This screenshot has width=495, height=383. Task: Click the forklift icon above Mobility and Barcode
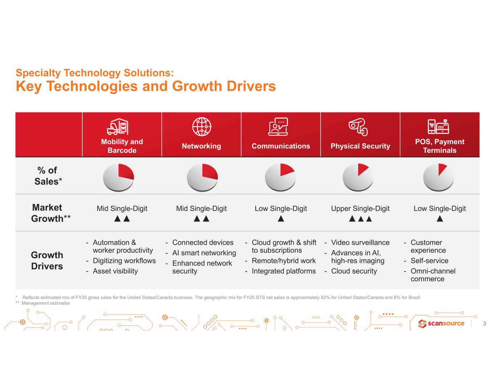[x=117, y=127]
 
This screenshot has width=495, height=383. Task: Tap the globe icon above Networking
[x=201, y=127]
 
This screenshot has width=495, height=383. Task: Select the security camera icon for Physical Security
[x=358, y=126]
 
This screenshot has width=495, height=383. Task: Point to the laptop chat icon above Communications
[x=278, y=127]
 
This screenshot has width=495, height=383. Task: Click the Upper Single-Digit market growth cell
[x=360, y=209]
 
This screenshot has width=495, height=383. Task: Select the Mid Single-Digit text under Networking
[x=201, y=209]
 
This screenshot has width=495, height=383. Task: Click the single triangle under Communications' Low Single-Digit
[x=281, y=219]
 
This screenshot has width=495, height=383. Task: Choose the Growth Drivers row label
[x=47, y=260]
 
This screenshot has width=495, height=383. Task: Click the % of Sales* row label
[x=48, y=176]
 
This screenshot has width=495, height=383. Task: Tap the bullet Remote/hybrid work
[x=284, y=261]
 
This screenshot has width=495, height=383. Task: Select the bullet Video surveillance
[x=360, y=243]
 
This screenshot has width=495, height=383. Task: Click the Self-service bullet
[x=429, y=261]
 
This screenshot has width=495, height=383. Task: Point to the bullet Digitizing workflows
[x=124, y=261]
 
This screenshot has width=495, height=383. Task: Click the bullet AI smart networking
[x=204, y=253]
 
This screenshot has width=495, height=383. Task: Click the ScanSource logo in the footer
[x=441, y=323]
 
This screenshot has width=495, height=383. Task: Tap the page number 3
[x=484, y=323]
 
